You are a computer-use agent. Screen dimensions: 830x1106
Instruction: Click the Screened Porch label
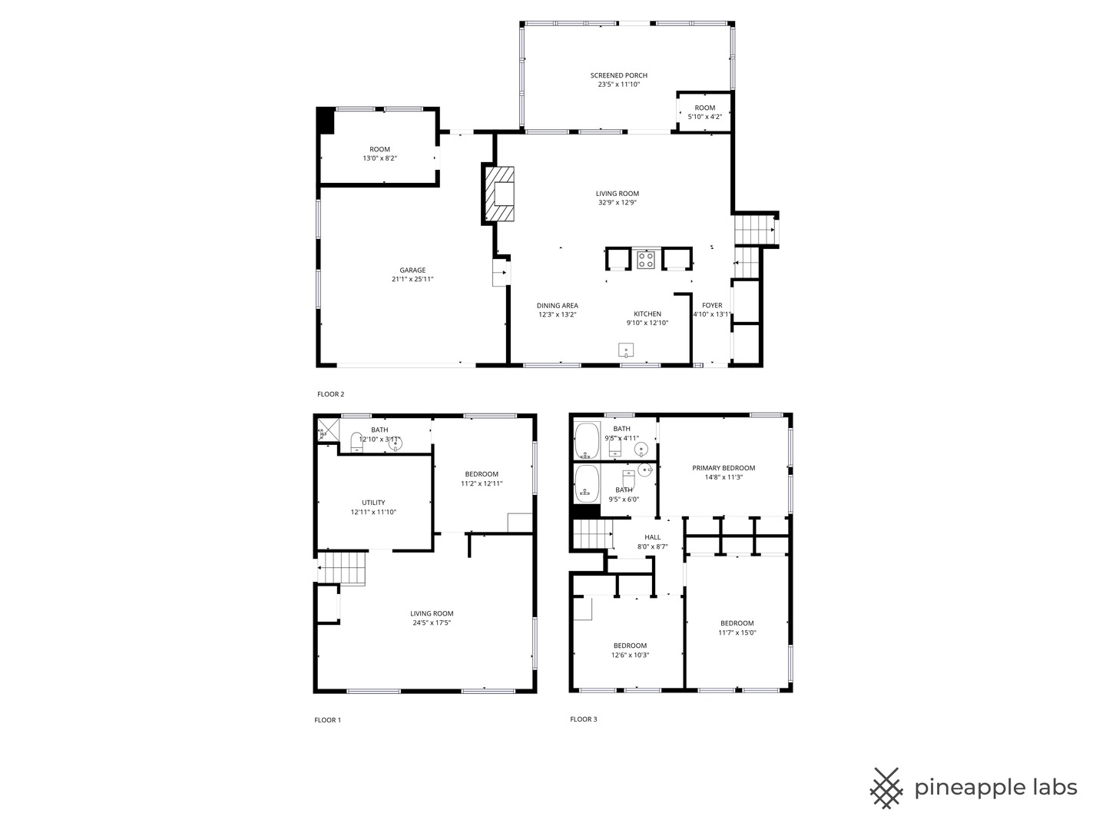(x=618, y=75)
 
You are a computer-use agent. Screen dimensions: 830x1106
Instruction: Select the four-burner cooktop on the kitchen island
(x=645, y=259)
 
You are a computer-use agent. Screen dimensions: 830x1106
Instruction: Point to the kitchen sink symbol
(x=627, y=350)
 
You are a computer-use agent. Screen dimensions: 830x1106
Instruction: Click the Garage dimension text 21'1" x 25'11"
(x=412, y=279)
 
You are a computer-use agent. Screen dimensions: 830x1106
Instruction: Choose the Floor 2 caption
(x=330, y=394)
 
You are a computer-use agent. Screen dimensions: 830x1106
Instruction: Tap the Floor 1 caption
(x=327, y=720)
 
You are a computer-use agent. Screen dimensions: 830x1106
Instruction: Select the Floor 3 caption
(x=583, y=719)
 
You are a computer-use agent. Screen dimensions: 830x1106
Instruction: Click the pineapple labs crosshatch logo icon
(x=886, y=788)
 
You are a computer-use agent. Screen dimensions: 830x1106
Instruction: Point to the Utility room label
(x=373, y=503)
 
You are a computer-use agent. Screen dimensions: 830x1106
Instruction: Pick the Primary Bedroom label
(x=724, y=468)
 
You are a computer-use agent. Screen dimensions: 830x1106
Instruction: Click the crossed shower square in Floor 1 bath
(x=327, y=430)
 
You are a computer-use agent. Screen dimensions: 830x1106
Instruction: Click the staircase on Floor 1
(x=342, y=569)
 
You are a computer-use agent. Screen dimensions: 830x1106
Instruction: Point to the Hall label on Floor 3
(x=652, y=537)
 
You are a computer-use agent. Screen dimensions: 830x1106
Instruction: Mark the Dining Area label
(x=557, y=305)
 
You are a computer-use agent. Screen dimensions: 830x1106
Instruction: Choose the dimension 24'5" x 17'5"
(x=432, y=622)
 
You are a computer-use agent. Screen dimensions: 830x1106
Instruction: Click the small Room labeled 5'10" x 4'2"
(x=704, y=112)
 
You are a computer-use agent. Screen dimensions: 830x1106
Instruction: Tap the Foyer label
(x=712, y=305)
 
